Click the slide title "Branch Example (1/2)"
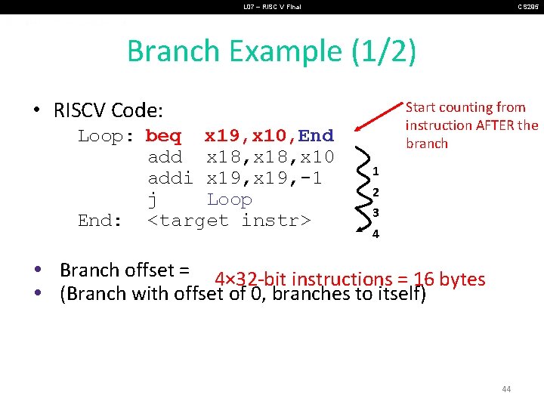pyautogui.click(x=271, y=51)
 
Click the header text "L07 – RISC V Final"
pyautogui.click(x=271, y=7)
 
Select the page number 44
pyautogui.click(x=505, y=389)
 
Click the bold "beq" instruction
pyautogui.click(x=163, y=136)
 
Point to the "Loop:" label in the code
pyautogui.click(x=106, y=136)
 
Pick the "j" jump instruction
pyautogui.click(x=153, y=199)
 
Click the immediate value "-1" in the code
pyautogui.click(x=312, y=178)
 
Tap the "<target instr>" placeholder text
pyautogui.click(x=229, y=221)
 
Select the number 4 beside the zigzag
pyautogui.click(x=376, y=233)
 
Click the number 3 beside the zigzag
pyautogui.click(x=376, y=213)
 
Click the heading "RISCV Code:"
pyautogui.click(x=108, y=110)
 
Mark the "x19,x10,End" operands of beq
pyautogui.click(x=269, y=136)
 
